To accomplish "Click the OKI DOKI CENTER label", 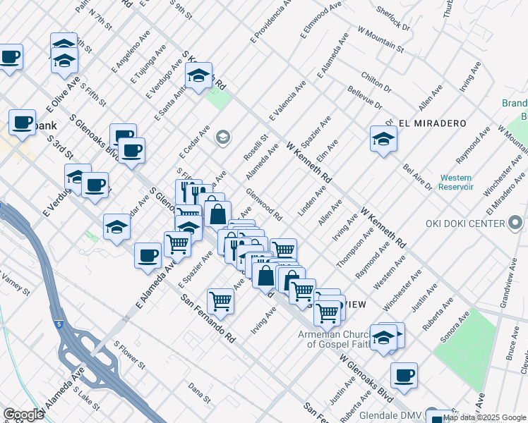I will coord(465,224).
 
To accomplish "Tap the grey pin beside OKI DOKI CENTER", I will coord(516,224).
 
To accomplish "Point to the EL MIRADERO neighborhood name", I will coord(432,123).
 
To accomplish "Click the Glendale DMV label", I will coord(390,415).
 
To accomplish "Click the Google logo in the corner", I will coord(23,415).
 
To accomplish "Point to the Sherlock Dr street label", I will coord(393,18).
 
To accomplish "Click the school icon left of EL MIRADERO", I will coord(383,138).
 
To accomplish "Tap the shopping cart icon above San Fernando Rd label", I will coord(221,301).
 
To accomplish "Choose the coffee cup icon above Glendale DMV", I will coord(404,376).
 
